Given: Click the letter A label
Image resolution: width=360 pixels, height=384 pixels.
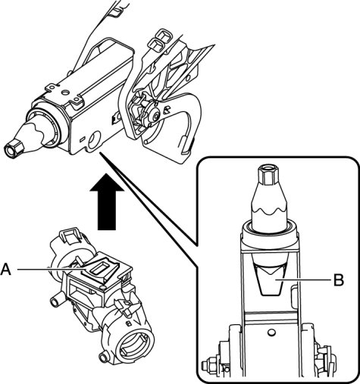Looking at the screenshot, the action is pos(6,270).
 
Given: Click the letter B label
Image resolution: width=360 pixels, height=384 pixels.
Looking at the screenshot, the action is pos(339,279).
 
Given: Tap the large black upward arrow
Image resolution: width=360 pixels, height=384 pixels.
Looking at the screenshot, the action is pos(107,201).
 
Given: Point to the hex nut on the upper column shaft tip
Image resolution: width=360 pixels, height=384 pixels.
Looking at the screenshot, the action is pos(14,148).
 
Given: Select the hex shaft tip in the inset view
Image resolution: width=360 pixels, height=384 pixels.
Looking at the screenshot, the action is pos(268,175).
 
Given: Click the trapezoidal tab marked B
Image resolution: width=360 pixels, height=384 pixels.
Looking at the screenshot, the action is pos(271,280).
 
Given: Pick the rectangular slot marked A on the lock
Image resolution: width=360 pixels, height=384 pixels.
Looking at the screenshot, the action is pos(101,269).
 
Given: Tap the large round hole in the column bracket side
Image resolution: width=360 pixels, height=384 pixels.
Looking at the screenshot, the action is pos(95,139).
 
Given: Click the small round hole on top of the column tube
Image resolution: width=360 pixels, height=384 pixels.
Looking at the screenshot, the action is pos(66,92).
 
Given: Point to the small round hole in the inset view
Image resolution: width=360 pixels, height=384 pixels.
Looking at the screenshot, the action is pos(271,333).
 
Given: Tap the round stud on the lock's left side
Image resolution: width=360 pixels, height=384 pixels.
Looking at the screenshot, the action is pos(55,301).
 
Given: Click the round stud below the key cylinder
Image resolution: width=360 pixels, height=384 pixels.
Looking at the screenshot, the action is pos(103,357).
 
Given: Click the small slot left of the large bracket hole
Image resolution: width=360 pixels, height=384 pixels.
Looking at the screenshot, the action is pos(82,139).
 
